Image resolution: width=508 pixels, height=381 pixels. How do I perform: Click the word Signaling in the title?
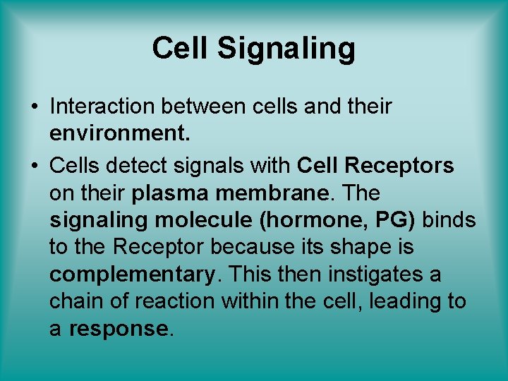tap(286, 49)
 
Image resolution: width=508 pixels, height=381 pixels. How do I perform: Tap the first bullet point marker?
tap(34, 107)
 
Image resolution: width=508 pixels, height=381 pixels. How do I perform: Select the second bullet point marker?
tap(34, 167)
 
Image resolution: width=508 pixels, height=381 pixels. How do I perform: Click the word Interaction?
tap(103, 106)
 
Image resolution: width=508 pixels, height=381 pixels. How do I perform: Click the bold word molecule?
tap(205, 220)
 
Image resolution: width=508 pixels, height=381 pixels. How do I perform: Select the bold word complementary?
tap(131, 274)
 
